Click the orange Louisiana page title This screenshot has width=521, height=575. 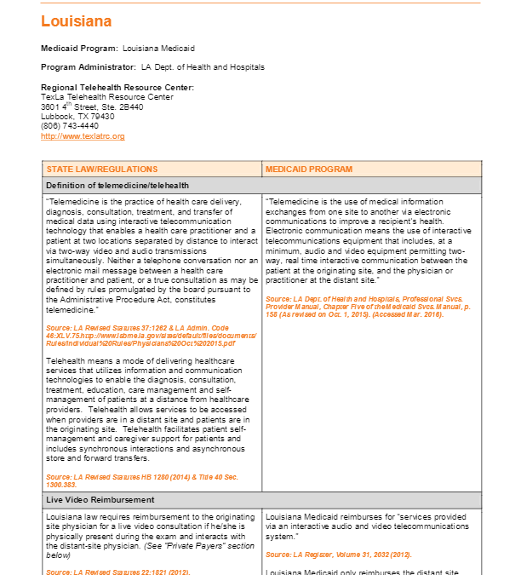76,21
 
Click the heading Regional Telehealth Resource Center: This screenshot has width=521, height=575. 117,88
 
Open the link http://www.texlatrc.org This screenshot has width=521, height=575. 83,136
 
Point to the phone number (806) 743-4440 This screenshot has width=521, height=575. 70,126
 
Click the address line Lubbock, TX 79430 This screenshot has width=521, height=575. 77,117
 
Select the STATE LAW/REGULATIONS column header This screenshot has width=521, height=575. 101,169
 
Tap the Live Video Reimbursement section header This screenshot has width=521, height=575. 100,499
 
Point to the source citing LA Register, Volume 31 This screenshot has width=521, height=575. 338,555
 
